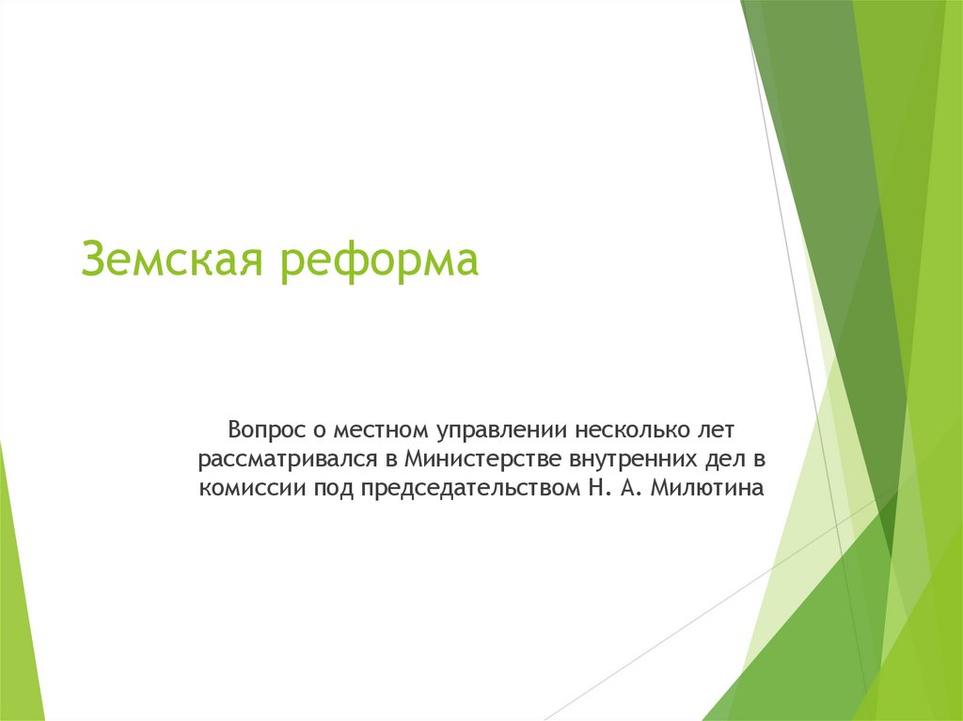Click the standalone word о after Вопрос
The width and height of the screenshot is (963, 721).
click(317, 431)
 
